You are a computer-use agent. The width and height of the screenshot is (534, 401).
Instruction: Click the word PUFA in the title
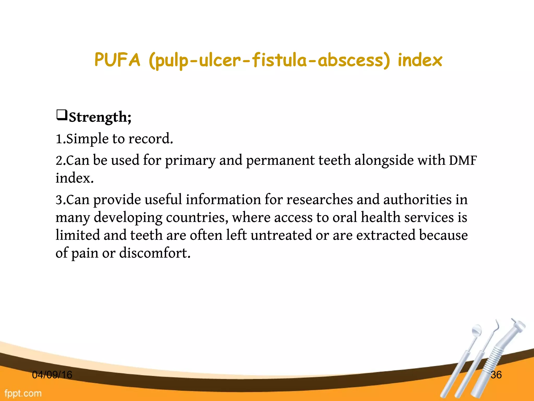[117, 60]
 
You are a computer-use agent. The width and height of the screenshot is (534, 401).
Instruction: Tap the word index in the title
[420, 60]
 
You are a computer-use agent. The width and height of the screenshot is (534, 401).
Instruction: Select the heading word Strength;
[100, 117]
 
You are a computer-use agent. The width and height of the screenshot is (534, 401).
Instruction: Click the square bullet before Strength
[62, 115]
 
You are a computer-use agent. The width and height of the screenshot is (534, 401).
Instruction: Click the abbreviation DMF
[463, 160]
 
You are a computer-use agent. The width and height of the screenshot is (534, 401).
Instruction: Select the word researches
[320, 200]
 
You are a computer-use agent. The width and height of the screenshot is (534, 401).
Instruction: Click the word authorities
[417, 200]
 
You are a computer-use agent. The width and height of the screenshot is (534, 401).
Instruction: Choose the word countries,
[197, 217]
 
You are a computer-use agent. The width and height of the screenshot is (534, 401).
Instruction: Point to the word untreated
[281, 235]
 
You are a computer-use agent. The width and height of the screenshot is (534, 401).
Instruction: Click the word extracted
[386, 235]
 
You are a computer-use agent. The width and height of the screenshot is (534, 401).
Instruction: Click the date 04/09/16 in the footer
[52, 375]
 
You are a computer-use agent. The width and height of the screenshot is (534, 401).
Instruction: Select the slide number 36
[496, 375]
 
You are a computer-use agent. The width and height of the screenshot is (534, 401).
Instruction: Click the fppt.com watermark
[23, 393]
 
